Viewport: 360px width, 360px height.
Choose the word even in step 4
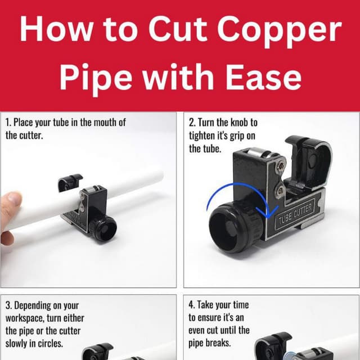point(201,330)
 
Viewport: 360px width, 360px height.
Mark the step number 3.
point(8,306)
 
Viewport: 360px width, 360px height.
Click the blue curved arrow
point(231,197)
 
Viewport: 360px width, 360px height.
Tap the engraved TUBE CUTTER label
point(295,213)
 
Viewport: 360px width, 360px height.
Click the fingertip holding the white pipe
point(12,202)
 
